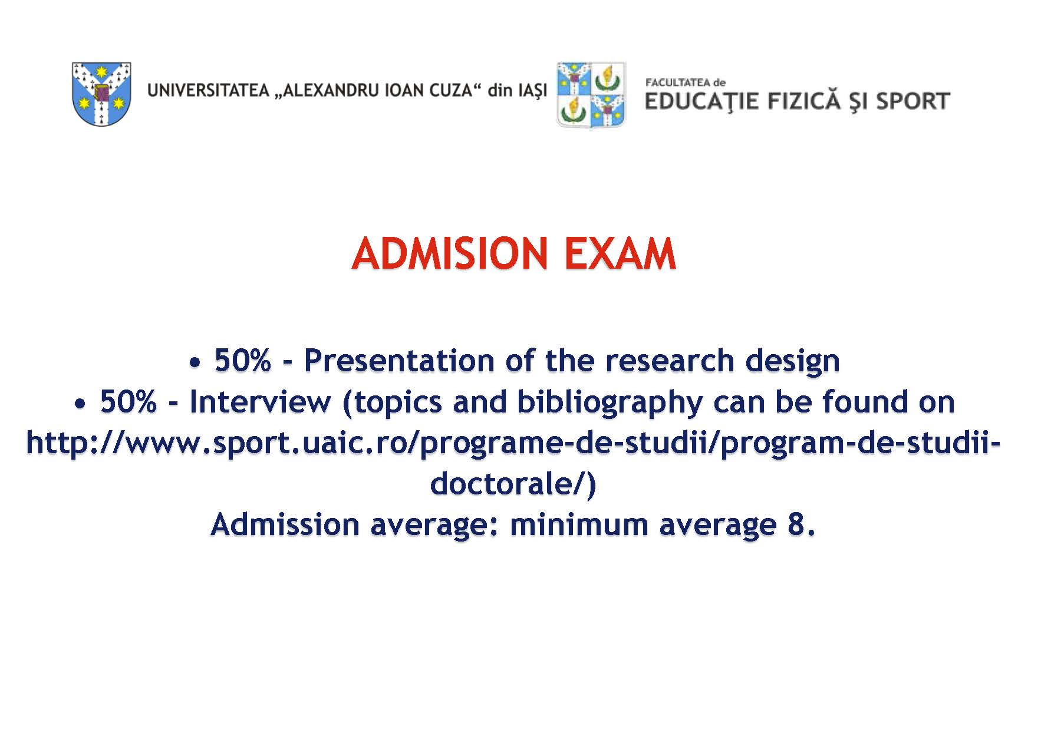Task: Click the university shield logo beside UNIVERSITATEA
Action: point(101,94)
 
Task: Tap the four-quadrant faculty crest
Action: point(591,95)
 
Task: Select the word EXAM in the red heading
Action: point(620,254)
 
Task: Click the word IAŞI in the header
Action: point(532,91)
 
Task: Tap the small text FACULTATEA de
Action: point(686,82)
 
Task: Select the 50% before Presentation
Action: point(242,360)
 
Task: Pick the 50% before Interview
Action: point(129,401)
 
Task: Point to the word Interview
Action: point(260,401)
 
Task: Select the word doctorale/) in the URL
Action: point(513,484)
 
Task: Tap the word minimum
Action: point(579,524)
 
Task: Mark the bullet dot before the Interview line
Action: point(80,404)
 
